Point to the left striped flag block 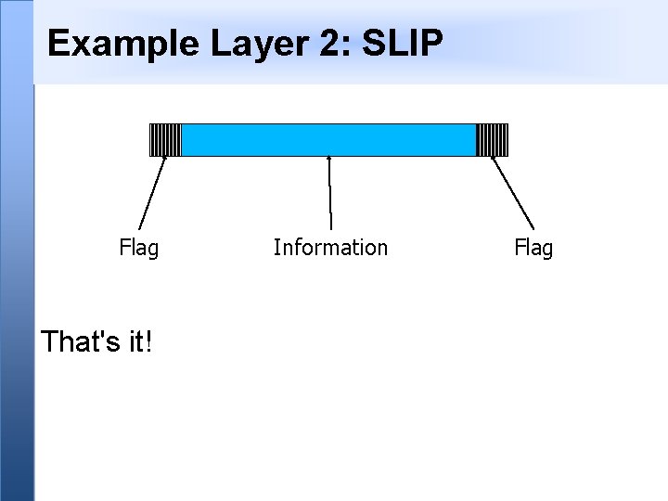[x=165, y=139]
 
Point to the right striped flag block [x=493, y=139]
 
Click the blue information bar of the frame [x=328, y=139]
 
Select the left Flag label [x=139, y=248]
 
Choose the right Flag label [x=533, y=248]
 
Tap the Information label [x=330, y=248]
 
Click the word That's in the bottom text [x=80, y=342]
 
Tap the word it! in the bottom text [x=139, y=342]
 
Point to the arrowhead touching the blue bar [x=329, y=159]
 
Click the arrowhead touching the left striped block [x=165, y=160]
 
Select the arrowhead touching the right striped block [x=493, y=160]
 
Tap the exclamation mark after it [x=149, y=342]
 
